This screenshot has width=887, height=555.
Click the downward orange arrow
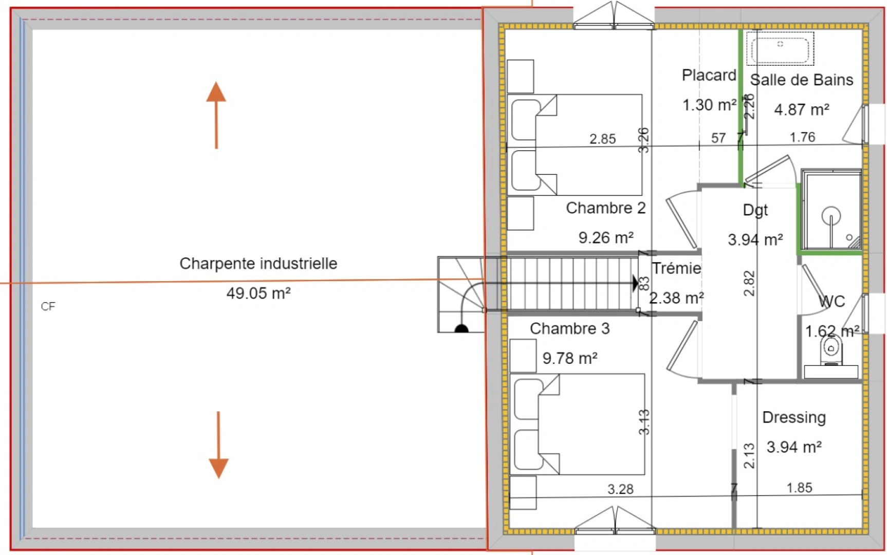pos(218,445)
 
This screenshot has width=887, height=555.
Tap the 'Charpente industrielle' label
pos(258,264)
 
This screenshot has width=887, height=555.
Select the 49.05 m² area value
pos(258,293)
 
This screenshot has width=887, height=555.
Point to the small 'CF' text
pos(48,307)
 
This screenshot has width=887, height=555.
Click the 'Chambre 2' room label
pos(605,208)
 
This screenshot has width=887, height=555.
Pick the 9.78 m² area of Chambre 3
pos(570,358)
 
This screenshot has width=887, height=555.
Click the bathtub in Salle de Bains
pos(780,49)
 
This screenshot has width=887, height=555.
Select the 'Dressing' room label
pos(793,417)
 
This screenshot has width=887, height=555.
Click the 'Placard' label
pos(709,76)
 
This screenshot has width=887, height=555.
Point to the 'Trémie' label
pos(676,268)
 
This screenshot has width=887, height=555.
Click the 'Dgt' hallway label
pos(755,210)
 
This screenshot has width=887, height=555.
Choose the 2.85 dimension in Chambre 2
pos(602,139)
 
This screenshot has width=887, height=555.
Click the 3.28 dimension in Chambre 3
pos(620,489)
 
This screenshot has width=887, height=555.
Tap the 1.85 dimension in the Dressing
pos(799,488)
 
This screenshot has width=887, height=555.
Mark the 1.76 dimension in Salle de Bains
pos(802,137)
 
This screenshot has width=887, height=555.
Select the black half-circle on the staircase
pos(461,329)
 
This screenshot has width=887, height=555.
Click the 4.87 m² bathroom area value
pos(801,109)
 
